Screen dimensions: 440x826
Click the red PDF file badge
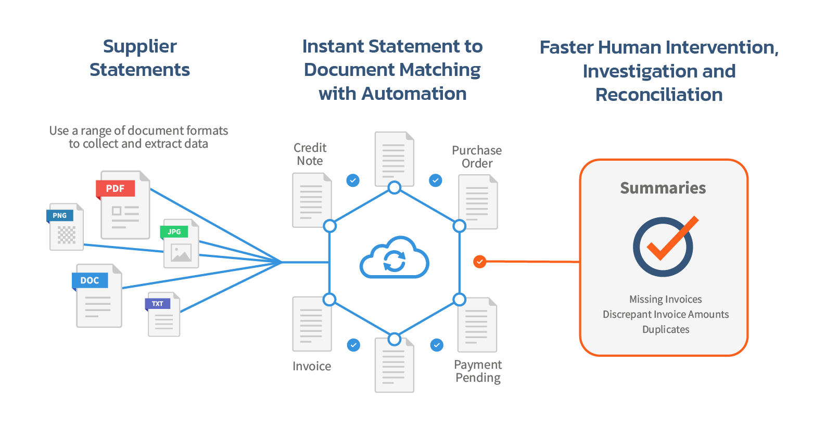[115, 188]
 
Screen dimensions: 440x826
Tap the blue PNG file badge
[60, 215]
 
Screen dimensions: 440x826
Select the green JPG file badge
[174, 231]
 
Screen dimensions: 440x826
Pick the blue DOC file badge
[90, 280]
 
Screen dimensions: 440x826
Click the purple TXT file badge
[158, 304]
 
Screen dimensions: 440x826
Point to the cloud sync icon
[394, 258]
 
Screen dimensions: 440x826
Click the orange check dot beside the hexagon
[479, 261]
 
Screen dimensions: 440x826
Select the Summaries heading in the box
[663, 188]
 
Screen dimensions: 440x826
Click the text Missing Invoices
[665, 299]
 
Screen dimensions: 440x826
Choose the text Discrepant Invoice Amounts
[665, 314]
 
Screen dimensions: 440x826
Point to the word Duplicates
[665, 329]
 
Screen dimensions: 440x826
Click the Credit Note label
[310, 154]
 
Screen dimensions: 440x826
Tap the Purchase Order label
[477, 157]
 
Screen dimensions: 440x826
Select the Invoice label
[312, 366]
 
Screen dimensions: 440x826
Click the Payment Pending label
[478, 371]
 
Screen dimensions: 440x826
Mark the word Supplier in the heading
[139, 47]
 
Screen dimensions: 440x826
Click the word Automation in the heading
[414, 94]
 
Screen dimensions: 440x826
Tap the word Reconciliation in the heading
[659, 95]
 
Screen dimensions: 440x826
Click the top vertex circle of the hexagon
[395, 188]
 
